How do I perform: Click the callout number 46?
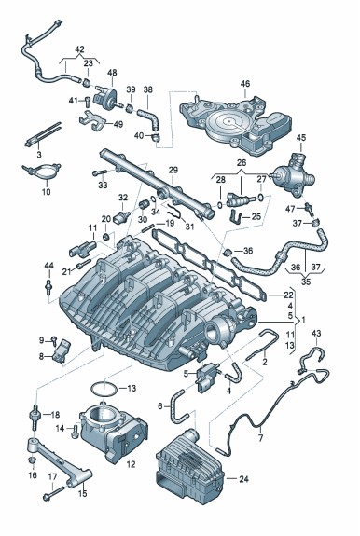245,83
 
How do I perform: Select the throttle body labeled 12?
113,431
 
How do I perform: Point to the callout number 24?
243,479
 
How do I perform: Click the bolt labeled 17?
54,492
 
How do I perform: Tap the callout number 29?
173,170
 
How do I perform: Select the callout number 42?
79,49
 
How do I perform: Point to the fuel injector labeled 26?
241,200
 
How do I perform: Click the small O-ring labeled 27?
261,197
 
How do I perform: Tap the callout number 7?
260,437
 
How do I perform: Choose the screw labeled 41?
87,102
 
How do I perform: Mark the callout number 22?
288,295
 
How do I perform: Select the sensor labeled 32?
122,216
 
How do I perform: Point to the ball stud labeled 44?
49,287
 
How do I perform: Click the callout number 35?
306,282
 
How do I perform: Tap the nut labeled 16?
32,460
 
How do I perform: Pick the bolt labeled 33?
100,172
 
